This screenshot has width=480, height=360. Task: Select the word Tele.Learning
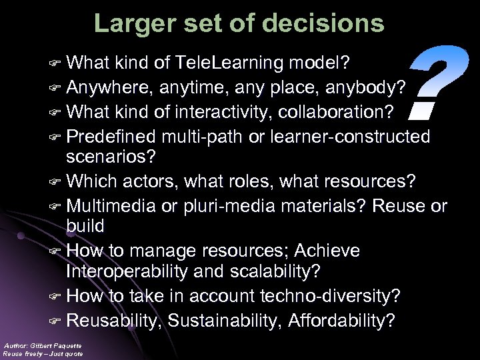tap(230, 63)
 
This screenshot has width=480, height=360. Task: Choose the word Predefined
tap(111, 136)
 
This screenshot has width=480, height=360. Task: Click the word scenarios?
tap(110, 157)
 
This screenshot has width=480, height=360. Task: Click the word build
tap(85, 226)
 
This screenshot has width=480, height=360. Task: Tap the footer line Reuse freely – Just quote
tap(43, 353)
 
